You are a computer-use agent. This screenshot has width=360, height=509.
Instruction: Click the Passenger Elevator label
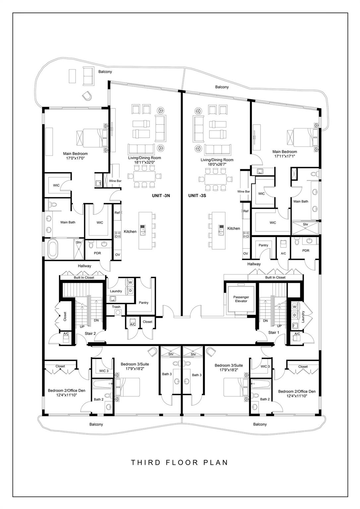click(x=241, y=299)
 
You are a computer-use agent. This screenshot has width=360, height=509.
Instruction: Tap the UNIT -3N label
click(x=161, y=196)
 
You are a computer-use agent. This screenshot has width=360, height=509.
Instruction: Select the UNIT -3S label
click(x=197, y=196)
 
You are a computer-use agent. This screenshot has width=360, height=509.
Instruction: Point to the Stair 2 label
click(x=90, y=334)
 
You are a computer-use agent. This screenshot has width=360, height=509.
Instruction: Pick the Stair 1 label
click(x=273, y=332)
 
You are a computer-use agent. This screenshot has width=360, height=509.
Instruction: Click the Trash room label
click(x=116, y=307)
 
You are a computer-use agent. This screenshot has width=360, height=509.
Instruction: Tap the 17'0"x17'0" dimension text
click(x=75, y=158)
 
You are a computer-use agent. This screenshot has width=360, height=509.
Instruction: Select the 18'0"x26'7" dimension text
click(x=217, y=164)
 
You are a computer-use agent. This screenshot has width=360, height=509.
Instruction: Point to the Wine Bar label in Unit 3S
click(x=244, y=191)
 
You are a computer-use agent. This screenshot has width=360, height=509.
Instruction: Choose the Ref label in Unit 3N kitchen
click(x=117, y=213)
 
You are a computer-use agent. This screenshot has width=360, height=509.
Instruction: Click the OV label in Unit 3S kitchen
click(x=245, y=254)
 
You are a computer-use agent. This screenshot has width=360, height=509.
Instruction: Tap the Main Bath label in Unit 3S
click(x=301, y=201)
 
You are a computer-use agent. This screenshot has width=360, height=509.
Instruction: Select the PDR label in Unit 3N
click(x=97, y=253)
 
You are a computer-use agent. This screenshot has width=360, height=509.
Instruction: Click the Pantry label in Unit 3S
click(x=263, y=245)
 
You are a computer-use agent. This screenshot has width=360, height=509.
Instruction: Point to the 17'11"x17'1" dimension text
click(x=284, y=156)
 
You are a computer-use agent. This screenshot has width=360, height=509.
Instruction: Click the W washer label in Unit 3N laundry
click(x=130, y=282)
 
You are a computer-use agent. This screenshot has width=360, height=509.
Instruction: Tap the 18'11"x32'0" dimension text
click(x=144, y=162)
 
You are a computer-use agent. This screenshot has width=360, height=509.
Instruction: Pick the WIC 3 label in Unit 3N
click(x=104, y=371)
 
